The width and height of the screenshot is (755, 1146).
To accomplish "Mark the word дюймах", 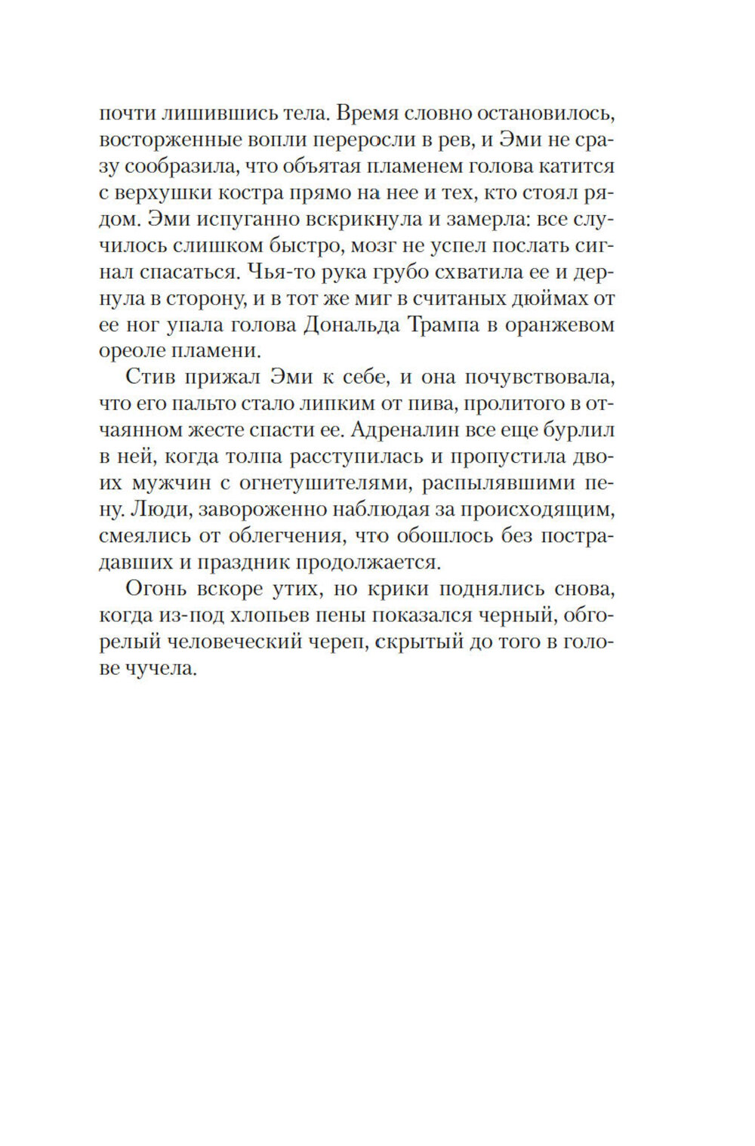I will pyautogui.click(x=542, y=299).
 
